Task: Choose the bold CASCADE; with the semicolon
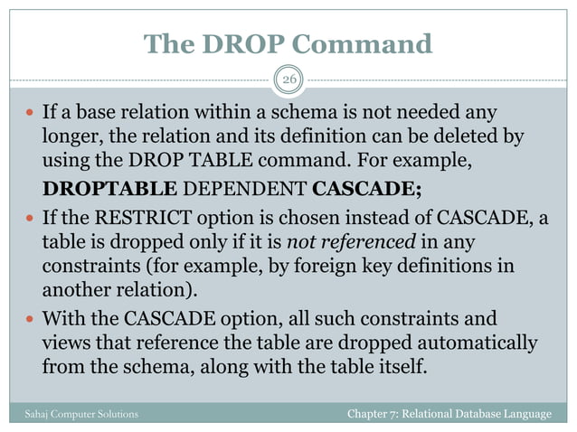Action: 366,189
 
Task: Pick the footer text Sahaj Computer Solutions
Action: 81,414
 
